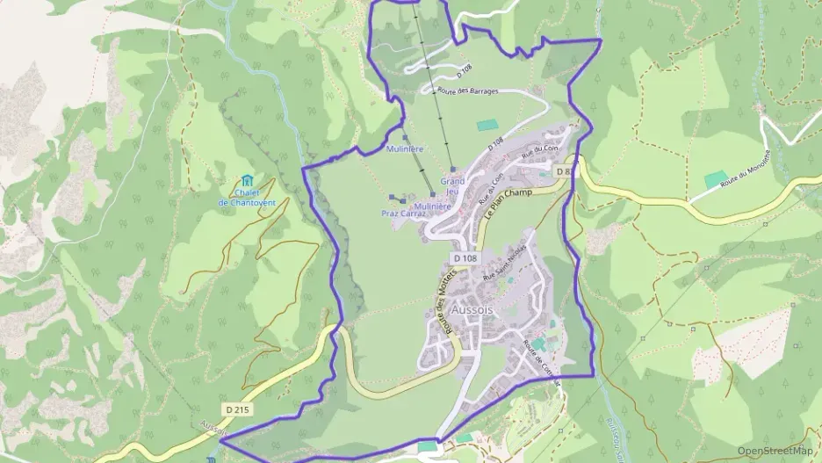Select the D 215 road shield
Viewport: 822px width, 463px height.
point(234,409)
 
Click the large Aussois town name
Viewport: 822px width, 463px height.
point(472,310)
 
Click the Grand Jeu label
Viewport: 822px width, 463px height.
point(453,186)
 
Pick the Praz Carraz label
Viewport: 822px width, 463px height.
point(403,213)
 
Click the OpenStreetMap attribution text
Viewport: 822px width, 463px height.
point(775,451)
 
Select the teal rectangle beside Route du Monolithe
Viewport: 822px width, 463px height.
point(716,180)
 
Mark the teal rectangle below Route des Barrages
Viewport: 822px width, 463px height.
point(487,126)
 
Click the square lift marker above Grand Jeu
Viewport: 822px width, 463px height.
point(452,170)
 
